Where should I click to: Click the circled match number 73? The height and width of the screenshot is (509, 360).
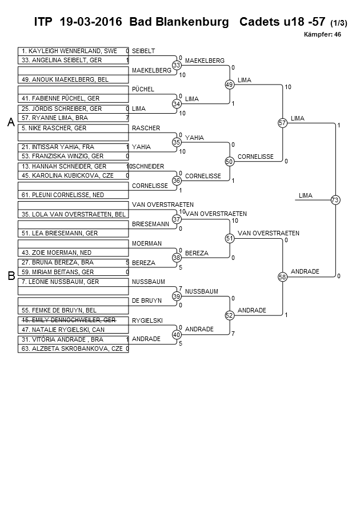[335, 200]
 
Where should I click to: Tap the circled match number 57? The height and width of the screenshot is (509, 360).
[282, 123]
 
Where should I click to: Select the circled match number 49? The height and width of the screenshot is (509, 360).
[229, 85]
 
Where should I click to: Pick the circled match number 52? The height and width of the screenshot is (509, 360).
[229, 315]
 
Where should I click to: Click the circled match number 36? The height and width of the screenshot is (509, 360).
[177, 181]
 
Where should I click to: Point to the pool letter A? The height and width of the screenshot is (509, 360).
[10, 122]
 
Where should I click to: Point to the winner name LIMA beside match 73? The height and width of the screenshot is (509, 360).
[306, 195]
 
